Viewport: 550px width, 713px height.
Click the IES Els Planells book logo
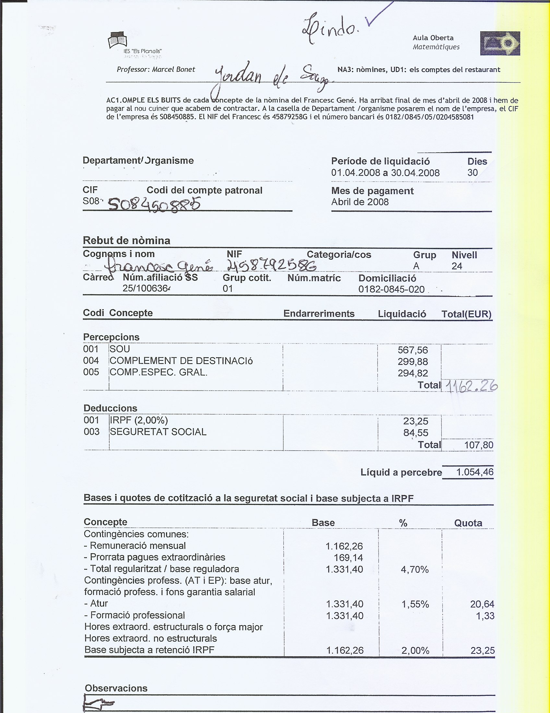pos(117,40)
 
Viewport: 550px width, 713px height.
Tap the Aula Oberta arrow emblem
pos(500,43)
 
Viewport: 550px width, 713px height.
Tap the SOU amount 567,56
pos(413,350)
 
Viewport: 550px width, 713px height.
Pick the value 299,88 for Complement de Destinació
pos(413,361)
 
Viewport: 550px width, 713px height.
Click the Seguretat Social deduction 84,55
pos(415,433)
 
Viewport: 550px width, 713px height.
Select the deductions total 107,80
pos(478,445)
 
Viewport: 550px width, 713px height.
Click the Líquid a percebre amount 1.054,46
pos(474,472)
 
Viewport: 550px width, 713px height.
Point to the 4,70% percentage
pos(414,570)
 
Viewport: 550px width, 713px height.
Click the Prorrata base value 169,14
pos(348,558)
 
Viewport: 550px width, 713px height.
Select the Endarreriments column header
pos(319,314)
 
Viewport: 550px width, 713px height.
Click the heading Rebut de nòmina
pos(126,240)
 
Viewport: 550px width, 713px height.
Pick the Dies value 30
pos(472,172)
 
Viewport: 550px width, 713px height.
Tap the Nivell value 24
pos(457,266)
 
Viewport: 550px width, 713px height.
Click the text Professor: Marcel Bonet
pos(156,70)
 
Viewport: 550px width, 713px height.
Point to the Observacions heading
pos(116,688)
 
